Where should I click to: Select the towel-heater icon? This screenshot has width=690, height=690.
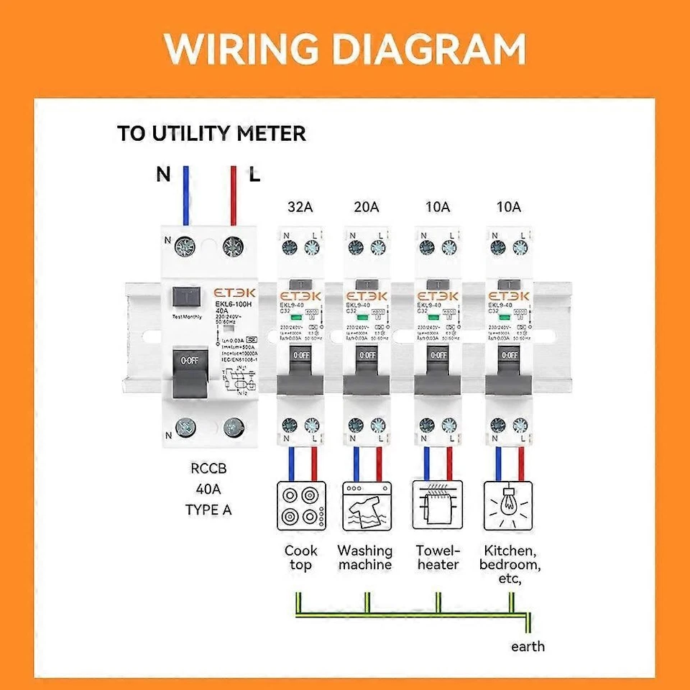(x=437, y=506)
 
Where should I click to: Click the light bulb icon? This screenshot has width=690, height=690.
(x=509, y=506)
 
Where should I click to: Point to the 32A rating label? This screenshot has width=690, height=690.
(x=300, y=208)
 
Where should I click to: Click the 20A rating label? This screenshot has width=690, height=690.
(x=366, y=208)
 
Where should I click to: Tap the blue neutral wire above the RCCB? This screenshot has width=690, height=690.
(x=186, y=195)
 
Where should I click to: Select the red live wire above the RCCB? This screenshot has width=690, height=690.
(x=233, y=195)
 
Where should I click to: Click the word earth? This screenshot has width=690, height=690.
(x=528, y=646)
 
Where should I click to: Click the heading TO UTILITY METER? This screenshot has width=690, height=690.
(x=212, y=134)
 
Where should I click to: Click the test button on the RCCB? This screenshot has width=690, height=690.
(x=188, y=297)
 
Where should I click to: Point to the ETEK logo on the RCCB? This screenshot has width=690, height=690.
(x=227, y=293)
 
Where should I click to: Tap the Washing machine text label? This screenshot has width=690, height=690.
(x=365, y=558)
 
